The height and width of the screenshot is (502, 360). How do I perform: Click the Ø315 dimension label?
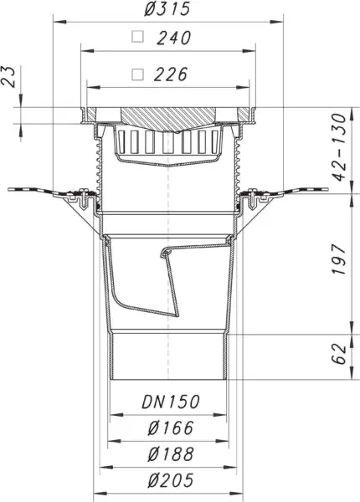(167, 8)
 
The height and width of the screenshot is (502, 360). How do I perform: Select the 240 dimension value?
(174, 38)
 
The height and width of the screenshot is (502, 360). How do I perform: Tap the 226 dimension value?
(171, 74)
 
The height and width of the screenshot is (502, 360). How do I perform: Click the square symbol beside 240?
(138, 37)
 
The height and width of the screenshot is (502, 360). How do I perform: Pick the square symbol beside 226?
(138, 74)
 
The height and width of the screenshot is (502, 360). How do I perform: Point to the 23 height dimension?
(8, 77)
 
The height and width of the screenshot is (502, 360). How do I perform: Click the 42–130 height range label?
(339, 147)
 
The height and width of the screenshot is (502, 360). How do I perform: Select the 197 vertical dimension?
(339, 259)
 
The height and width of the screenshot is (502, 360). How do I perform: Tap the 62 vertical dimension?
(339, 354)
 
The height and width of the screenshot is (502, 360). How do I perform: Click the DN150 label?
(171, 402)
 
